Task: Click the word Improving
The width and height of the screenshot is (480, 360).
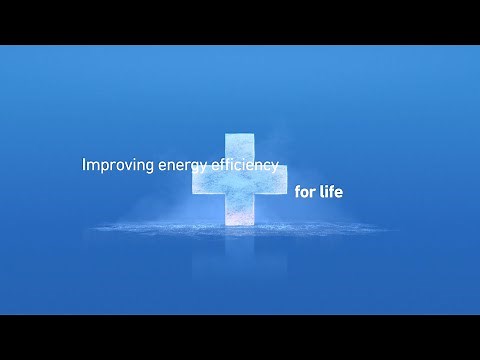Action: pyautogui.click(x=118, y=166)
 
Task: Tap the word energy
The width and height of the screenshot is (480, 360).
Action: pyautogui.click(x=183, y=167)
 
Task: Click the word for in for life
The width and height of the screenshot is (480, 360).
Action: pyautogui.click(x=304, y=190)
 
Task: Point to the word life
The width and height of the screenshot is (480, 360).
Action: pyautogui.click(x=331, y=190)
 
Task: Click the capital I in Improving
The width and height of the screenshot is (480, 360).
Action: pyautogui.click(x=83, y=165)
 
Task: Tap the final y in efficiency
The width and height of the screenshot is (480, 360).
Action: pyautogui.click(x=273, y=168)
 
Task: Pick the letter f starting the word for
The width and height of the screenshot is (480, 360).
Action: pyautogui.click(x=298, y=190)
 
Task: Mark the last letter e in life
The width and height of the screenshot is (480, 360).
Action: pyautogui.click(x=339, y=191)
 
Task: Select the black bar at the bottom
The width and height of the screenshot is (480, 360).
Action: pyautogui.click(x=240, y=337)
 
